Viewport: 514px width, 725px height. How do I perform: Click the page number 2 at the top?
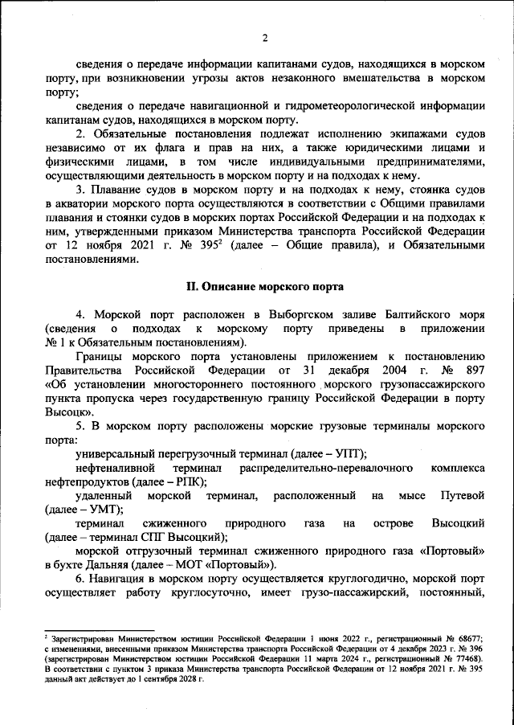(264, 38)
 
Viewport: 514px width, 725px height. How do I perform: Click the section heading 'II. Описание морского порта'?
(264, 288)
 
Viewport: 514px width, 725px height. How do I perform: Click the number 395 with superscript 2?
(202, 246)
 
